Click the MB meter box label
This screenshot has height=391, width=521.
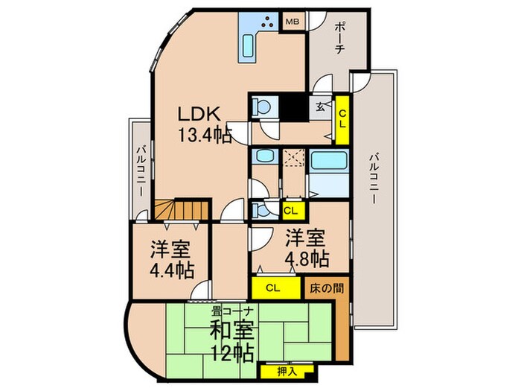[x=293, y=22]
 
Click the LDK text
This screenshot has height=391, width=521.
[x=199, y=115]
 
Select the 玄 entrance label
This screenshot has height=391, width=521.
[x=319, y=107]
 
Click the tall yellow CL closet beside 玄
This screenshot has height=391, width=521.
[x=342, y=118]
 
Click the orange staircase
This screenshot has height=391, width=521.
[x=179, y=211]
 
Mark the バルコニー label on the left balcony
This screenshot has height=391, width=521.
[x=140, y=171]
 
